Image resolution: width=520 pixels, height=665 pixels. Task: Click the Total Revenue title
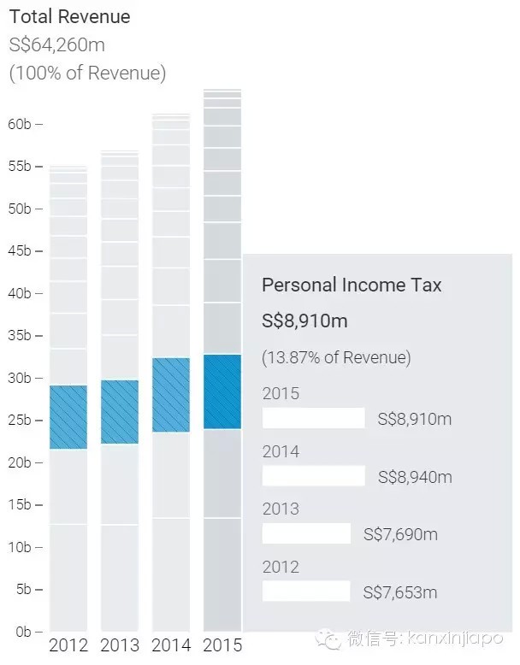tap(69, 16)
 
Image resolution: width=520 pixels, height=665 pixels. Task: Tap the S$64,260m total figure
tap(57, 44)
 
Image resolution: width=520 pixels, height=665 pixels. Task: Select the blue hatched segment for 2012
tap(68, 417)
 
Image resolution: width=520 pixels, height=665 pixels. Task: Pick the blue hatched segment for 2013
tap(120, 412)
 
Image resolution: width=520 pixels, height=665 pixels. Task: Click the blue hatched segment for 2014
tap(171, 395)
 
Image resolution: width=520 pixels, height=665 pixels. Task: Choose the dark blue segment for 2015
tap(222, 391)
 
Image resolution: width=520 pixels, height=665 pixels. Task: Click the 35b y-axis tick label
tap(21, 335)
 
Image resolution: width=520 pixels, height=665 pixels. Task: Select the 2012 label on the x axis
tap(68, 644)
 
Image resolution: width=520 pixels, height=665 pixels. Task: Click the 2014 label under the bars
tap(171, 644)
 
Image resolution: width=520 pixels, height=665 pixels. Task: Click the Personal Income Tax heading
tap(352, 285)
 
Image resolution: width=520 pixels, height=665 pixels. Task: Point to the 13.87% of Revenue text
tap(336, 357)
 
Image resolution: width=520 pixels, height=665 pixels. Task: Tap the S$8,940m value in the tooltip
tap(415, 476)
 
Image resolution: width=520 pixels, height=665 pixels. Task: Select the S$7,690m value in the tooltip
tap(400, 534)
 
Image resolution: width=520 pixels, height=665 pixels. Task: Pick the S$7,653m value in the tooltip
tap(400, 591)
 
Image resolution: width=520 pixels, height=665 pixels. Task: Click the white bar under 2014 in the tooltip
tap(313, 476)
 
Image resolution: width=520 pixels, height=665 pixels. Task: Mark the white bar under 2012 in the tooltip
tap(306, 591)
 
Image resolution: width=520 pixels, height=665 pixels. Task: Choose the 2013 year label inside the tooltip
tap(281, 509)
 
